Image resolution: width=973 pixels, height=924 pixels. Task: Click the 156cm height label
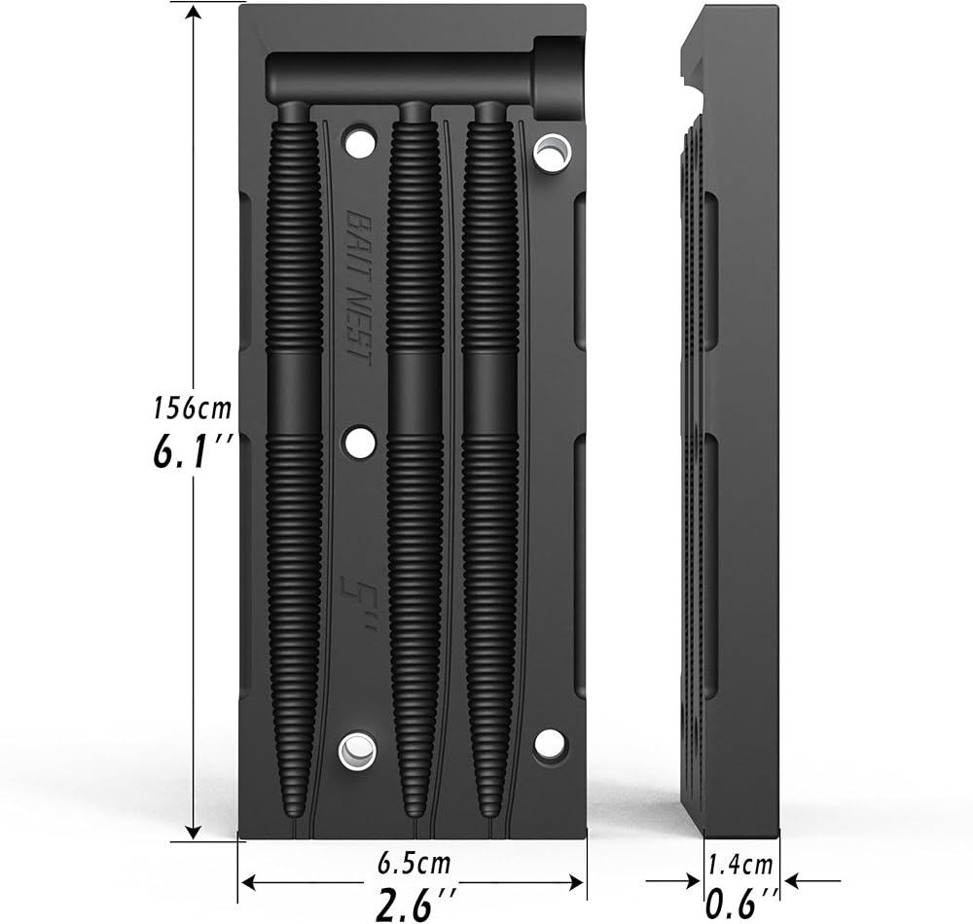[192, 409]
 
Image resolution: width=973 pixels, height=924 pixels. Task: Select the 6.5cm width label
[414, 863]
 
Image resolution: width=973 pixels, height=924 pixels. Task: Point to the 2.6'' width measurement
[414, 906]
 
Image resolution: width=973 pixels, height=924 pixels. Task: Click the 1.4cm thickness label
[740, 864]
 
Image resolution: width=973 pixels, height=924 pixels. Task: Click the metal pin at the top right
[553, 152]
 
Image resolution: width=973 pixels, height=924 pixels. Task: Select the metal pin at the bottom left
[357, 750]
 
